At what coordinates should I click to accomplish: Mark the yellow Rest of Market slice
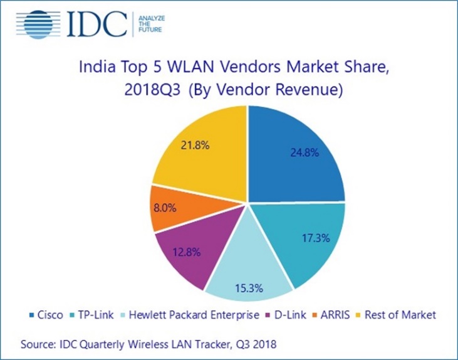pos(200,151)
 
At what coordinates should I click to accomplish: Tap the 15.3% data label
pos(249,288)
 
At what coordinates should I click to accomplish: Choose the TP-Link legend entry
pos(94,314)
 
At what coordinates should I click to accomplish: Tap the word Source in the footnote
pos(39,344)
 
